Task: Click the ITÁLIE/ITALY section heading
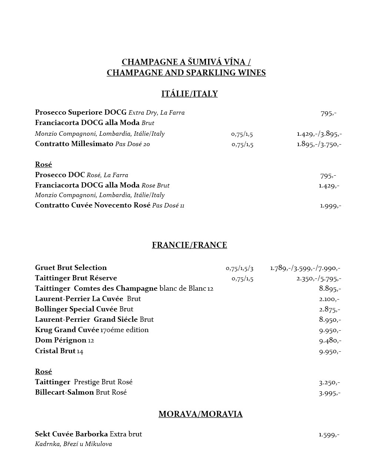pos(189,94)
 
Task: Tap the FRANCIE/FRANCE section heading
pos(189,245)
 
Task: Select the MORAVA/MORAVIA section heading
pos(200,414)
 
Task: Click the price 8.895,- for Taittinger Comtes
pos(330,288)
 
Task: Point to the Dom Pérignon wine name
pos(61,340)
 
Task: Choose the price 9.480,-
pos(330,340)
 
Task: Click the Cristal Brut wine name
pos(55,351)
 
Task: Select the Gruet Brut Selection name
pos(71,268)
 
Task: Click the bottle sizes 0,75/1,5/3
pos(240,268)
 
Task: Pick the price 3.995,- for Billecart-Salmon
pos(329,393)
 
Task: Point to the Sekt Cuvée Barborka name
pos(71,434)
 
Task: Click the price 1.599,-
pos(329,435)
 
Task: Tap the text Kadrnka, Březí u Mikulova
pos(73,444)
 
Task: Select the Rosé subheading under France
pos(43,372)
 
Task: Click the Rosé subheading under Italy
pos(43,165)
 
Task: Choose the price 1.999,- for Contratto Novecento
pos(330,206)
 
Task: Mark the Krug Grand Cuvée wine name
pos(67,330)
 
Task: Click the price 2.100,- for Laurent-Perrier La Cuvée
pos(329,299)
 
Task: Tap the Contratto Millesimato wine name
pos(74,144)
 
